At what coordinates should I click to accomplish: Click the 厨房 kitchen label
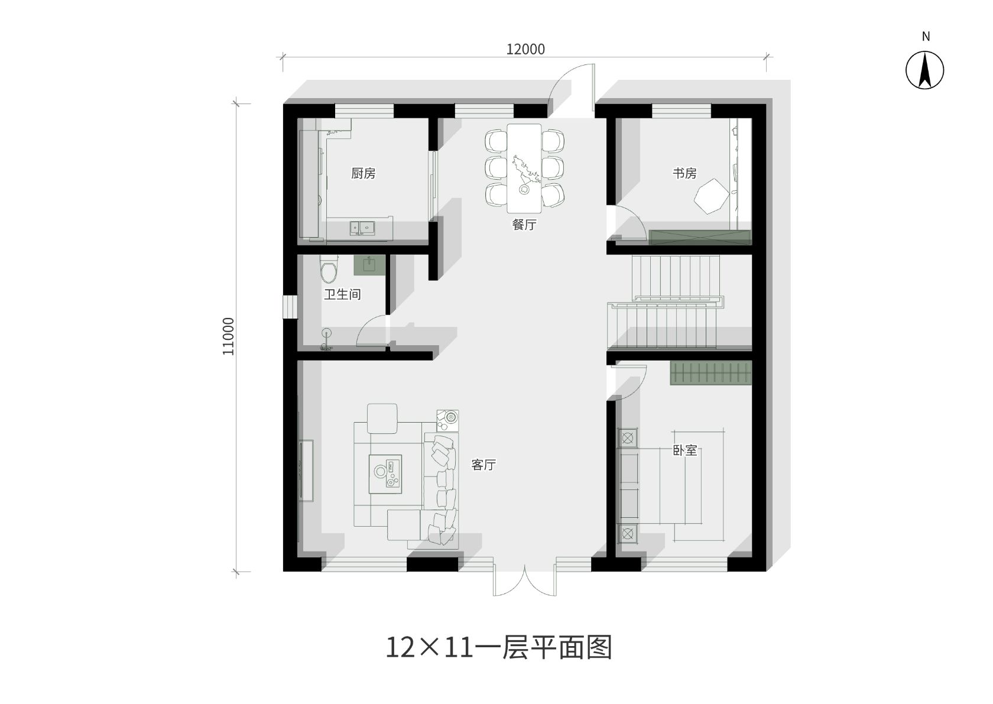coord(363,173)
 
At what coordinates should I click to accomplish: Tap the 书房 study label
coord(684,173)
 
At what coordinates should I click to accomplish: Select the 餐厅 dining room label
coord(524,225)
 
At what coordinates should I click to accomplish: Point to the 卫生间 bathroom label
coord(342,294)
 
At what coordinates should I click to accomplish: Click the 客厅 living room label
coord(483,465)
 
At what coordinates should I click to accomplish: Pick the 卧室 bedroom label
coord(685,451)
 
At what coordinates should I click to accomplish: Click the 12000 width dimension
coord(525,49)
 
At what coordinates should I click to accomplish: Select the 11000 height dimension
coord(228,336)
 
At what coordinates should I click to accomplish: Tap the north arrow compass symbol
coord(924,70)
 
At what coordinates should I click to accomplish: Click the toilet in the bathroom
coord(329,268)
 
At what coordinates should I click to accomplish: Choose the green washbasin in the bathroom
coord(369,265)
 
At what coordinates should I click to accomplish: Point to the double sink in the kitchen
coord(362,228)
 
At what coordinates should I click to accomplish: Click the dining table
coord(524,168)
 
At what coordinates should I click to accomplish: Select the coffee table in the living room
coord(385,474)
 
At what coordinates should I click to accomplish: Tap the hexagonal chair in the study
coord(712,196)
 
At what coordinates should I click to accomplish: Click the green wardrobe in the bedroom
coord(711,373)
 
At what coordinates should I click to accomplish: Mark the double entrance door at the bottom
coord(524,580)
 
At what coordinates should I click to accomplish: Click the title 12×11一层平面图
coord(499,647)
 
